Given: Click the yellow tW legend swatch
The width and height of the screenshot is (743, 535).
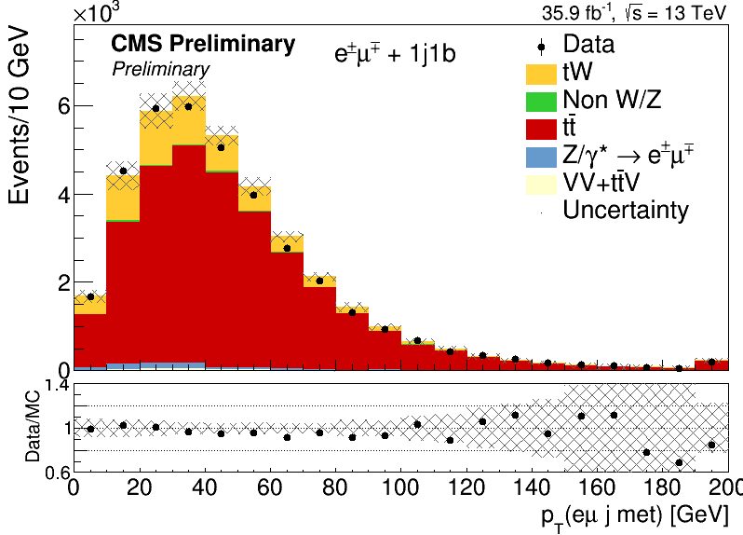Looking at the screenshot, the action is [541, 75].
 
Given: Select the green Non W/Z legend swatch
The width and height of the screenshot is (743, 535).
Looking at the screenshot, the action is [541, 102].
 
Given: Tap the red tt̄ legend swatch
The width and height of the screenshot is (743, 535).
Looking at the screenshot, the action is [541, 130].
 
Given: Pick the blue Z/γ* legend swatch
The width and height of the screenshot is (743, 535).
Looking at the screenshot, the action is [541, 157].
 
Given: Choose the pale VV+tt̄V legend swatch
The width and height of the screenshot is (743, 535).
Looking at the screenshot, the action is [541, 185].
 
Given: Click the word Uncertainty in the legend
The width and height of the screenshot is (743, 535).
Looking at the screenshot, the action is [626, 210].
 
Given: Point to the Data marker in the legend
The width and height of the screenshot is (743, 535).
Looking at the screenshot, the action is [541, 48].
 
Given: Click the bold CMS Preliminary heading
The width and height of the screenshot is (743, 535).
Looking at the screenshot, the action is [203, 44].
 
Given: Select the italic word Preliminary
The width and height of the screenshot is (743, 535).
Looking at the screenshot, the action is [161, 69].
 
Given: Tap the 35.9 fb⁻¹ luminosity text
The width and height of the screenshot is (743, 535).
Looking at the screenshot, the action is [577, 13].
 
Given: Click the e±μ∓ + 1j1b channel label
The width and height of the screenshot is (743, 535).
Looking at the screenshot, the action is [395, 53].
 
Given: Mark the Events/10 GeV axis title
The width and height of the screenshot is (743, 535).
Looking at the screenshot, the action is [19, 117].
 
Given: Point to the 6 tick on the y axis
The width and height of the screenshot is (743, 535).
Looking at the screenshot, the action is [63, 105].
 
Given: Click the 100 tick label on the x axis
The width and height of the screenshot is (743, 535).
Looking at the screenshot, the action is [400, 487].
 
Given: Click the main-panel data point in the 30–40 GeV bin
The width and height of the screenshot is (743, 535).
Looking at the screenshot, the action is [189, 106].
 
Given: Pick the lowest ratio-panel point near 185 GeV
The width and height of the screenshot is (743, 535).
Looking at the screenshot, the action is [679, 462].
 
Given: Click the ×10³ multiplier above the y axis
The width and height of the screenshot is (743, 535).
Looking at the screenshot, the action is [97, 13].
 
